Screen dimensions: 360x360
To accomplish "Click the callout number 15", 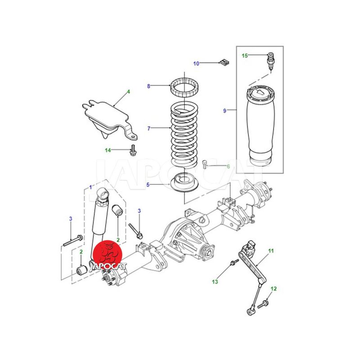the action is (245, 55).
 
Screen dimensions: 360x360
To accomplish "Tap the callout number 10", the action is (196, 63).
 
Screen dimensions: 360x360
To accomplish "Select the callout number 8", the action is (148, 86).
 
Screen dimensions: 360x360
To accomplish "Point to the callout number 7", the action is (149, 128).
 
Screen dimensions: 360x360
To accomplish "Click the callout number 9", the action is (225, 111).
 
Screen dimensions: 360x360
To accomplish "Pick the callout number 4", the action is (129, 92).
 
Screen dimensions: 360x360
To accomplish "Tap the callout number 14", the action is (108, 150).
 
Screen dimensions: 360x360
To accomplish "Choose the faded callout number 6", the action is (228, 166).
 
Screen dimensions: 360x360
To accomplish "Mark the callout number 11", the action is (271, 251).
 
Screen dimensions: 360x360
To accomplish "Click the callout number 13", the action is (215, 282).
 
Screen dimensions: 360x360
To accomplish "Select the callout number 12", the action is (274, 288).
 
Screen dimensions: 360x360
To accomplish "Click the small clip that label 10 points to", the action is (225, 62).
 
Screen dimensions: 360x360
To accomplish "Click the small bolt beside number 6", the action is (205, 164).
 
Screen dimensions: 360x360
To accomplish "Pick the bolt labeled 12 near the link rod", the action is (263, 304).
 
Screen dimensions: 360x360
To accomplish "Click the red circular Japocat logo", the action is (107, 255).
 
